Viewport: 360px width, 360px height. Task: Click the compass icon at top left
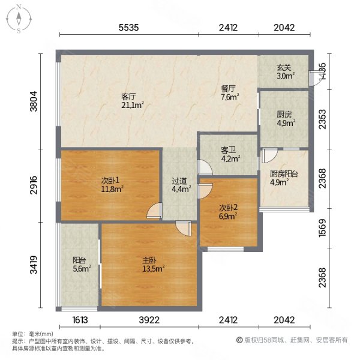19,19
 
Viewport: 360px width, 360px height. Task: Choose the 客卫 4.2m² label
230,155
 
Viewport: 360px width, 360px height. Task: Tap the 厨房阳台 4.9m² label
284,179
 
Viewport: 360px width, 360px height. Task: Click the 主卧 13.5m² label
151,264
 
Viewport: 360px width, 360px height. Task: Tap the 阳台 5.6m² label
82,265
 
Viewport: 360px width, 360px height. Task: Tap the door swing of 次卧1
154,211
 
